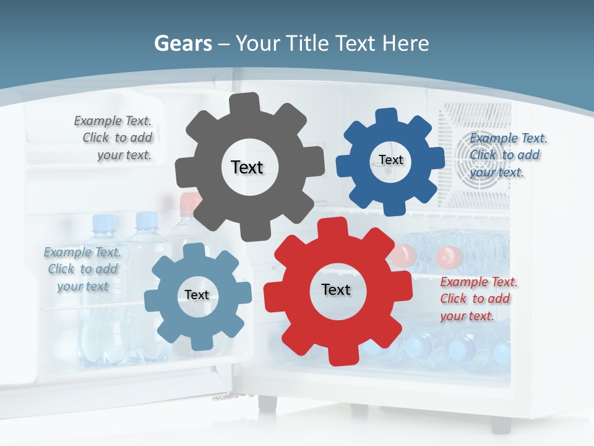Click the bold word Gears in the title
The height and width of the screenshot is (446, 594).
[183, 43]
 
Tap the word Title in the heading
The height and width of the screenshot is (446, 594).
[308, 43]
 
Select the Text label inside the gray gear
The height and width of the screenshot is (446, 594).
[247, 167]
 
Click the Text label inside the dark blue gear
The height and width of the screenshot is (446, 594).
[390, 160]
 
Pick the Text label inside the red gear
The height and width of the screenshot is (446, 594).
[336, 289]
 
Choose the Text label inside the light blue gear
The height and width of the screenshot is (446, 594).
[197, 295]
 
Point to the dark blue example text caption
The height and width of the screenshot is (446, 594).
[506, 155]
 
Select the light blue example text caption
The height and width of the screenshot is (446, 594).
[83, 269]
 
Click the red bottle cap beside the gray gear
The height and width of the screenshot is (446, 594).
[190, 203]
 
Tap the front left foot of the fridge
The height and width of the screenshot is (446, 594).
[267, 404]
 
